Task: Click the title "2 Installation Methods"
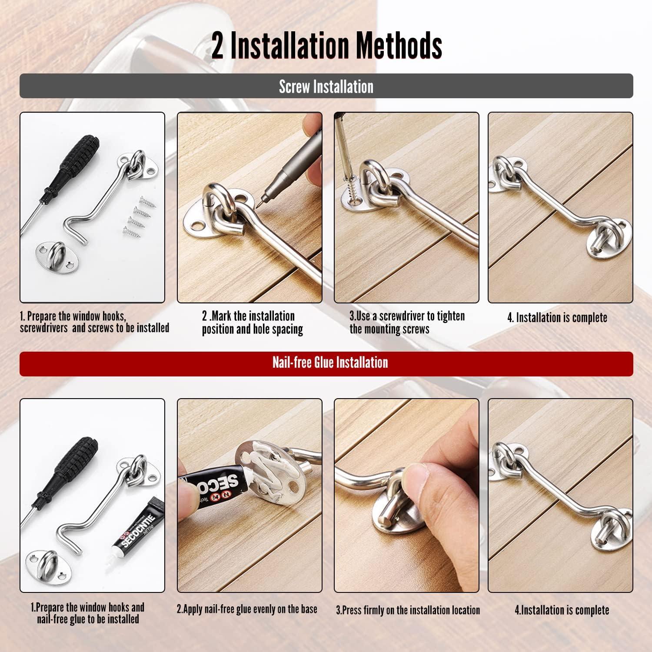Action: (326, 45)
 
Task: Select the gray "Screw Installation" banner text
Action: (326, 86)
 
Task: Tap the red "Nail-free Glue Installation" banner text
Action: (330, 363)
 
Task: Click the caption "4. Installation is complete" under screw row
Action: (557, 318)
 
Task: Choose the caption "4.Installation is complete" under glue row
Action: (562, 610)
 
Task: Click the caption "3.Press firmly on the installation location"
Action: (408, 610)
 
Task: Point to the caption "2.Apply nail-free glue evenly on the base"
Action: (247, 609)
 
